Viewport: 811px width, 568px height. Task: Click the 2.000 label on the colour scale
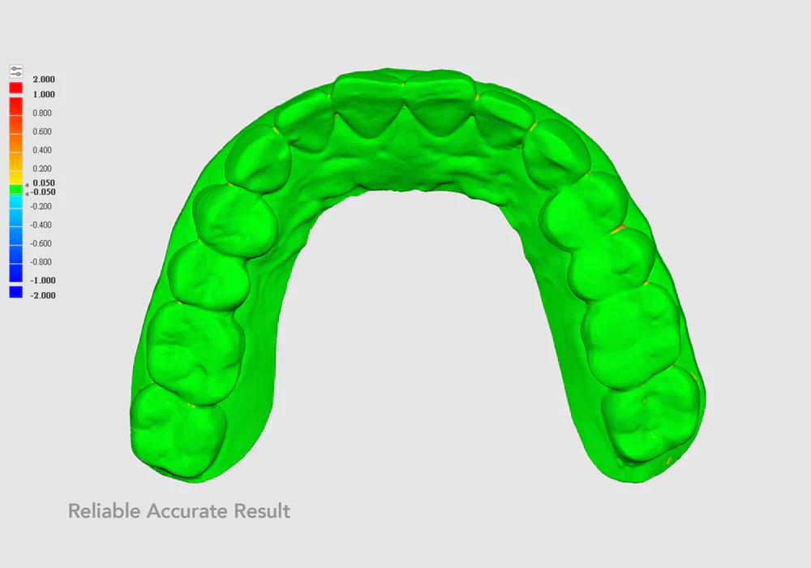point(44,80)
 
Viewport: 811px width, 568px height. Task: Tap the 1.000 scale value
point(44,94)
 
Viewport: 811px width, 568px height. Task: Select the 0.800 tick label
point(42,113)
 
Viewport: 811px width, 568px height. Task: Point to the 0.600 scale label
point(42,131)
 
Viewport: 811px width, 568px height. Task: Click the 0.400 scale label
point(42,150)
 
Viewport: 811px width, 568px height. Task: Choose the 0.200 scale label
point(42,169)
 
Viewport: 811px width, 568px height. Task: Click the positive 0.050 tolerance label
point(44,183)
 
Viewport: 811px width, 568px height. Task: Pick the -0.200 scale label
point(41,206)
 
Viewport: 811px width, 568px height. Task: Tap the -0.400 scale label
point(41,225)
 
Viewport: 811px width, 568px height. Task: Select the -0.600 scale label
point(41,243)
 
